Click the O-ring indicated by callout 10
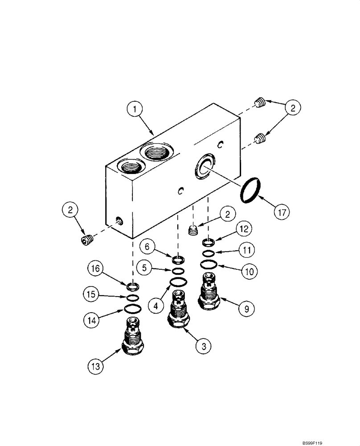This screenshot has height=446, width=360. pos(209,265)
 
